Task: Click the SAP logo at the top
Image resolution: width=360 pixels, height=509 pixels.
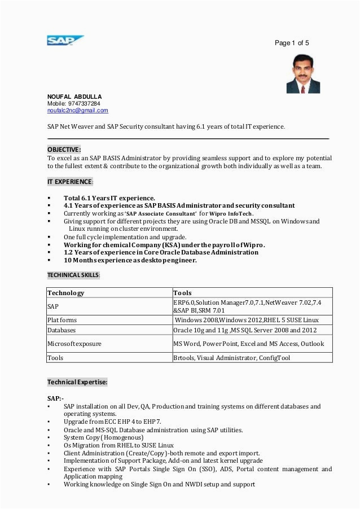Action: point(65,40)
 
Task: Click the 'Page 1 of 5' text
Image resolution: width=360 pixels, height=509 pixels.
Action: point(292,43)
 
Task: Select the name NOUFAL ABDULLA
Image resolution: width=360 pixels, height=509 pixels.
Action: point(74,96)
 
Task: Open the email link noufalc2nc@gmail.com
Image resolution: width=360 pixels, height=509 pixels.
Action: point(77,111)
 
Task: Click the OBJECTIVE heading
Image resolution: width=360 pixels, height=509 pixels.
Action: point(64,150)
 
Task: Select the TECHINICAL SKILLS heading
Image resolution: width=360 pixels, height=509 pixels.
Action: point(73,275)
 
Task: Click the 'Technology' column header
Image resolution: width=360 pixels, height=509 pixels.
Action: point(65,293)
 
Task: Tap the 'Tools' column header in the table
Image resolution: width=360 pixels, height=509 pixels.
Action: point(182,293)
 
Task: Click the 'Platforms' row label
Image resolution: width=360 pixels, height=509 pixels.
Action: point(62,320)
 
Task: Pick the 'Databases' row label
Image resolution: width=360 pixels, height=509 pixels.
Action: point(62,330)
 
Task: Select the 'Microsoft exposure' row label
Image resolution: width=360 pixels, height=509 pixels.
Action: point(74,344)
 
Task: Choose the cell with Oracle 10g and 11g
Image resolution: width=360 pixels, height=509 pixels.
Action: point(245,330)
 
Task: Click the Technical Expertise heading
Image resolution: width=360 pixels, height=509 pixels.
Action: point(77,382)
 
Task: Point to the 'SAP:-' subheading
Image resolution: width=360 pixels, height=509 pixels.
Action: point(55,398)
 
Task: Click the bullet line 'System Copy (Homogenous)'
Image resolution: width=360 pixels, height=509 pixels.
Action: point(103,437)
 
